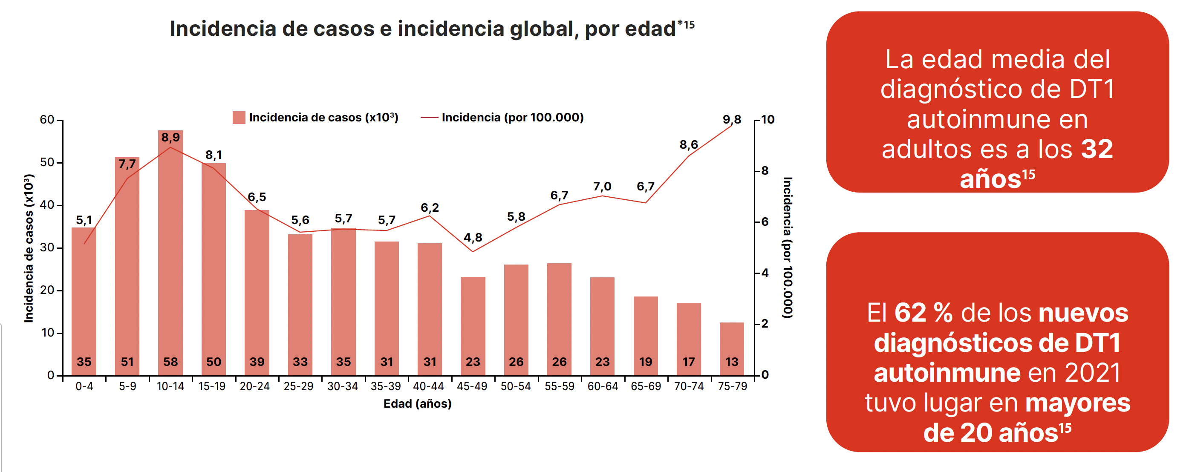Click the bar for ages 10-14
(170, 254)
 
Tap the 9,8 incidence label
(732, 120)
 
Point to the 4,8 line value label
(473, 238)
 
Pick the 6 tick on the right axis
(765, 222)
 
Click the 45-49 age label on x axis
(472, 386)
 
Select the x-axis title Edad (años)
(417, 404)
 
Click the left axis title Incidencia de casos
(29, 248)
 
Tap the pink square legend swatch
(239, 118)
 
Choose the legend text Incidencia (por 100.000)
(512, 118)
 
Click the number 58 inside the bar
(170, 362)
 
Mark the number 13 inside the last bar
(732, 362)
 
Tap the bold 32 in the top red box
(1097, 149)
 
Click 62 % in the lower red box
(923, 313)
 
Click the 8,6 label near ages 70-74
(688, 145)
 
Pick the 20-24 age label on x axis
(255, 386)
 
